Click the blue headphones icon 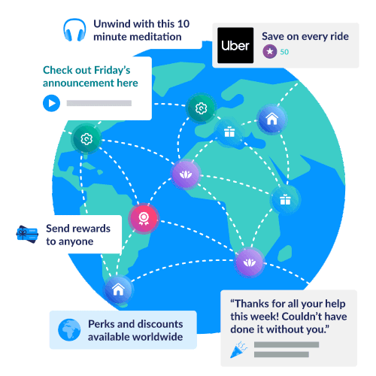pos(74,30)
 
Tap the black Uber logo pos(235,45)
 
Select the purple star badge pos(270,51)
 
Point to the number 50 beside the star pos(284,52)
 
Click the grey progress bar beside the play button pos(99,103)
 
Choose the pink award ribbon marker pos(144,219)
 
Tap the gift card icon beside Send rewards pos(27,234)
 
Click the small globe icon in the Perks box pos(69,330)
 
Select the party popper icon pos(238,350)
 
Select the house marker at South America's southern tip pos(118,290)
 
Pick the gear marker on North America pos(86,138)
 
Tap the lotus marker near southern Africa pos(249,262)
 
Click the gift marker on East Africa pos(285,200)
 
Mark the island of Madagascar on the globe pos(285,253)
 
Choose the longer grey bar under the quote pos(287,344)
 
